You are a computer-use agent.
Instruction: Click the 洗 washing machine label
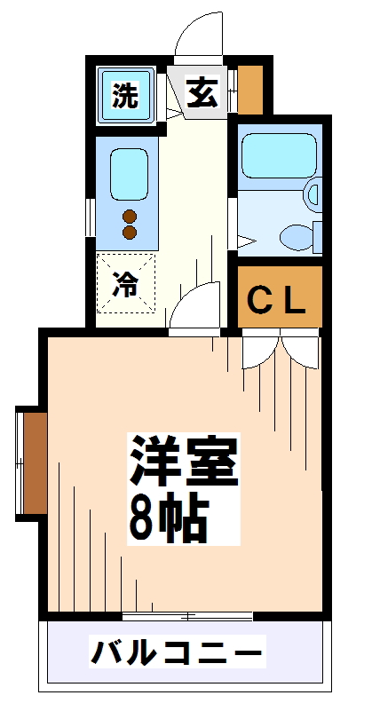(x=125, y=95)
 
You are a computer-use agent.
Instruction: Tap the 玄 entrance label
(x=202, y=92)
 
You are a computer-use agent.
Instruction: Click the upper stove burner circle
(x=130, y=216)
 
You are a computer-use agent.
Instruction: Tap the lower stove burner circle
(x=130, y=233)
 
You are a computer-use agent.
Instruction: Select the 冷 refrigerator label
(x=126, y=285)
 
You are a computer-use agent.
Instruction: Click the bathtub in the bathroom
(x=277, y=155)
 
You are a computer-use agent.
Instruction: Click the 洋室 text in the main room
(x=185, y=461)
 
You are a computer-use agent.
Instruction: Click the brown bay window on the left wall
(x=33, y=462)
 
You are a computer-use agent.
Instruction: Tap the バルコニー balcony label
(x=177, y=653)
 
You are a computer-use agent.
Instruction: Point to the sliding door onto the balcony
(x=187, y=614)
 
